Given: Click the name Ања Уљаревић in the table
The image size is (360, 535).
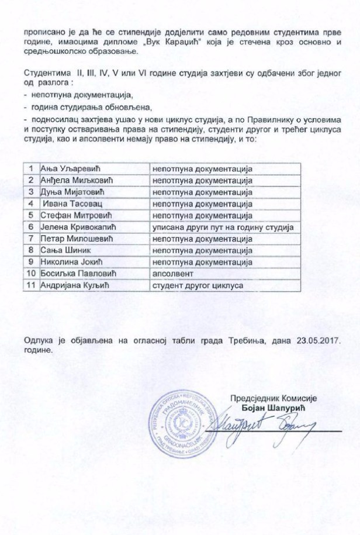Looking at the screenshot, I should [x=64, y=169].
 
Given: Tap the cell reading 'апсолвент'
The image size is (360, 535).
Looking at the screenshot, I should [x=170, y=273].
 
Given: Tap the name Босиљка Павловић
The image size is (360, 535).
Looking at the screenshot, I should [x=73, y=273].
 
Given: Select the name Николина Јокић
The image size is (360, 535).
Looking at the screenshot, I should [x=67, y=261].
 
